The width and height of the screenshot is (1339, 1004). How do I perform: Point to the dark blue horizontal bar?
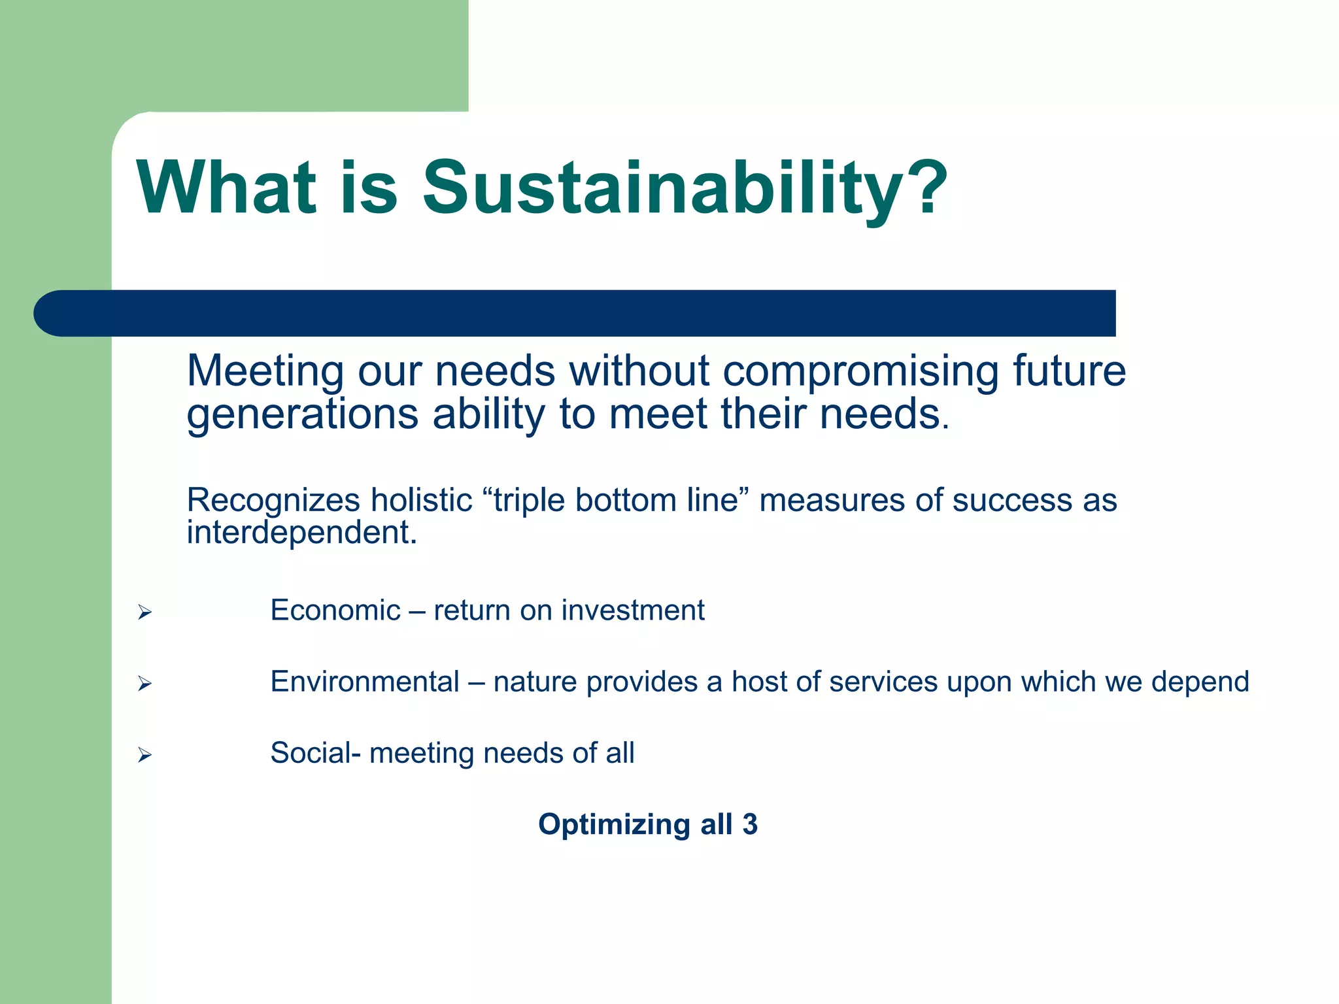(x=575, y=313)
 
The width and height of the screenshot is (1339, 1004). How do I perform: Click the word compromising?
(x=860, y=371)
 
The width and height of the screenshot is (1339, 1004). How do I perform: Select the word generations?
(x=302, y=414)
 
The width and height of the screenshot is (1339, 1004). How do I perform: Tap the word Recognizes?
(x=273, y=500)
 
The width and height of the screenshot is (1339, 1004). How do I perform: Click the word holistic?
(x=421, y=500)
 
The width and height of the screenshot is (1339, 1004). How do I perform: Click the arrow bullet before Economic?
(x=144, y=612)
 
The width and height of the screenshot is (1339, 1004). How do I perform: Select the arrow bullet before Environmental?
(x=144, y=684)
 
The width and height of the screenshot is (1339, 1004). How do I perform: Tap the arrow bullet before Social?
(x=144, y=755)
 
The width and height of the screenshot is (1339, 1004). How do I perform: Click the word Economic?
(x=335, y=611)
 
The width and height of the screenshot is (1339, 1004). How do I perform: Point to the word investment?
(x=633, y=611)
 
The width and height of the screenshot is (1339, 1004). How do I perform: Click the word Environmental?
(x=365, y=682)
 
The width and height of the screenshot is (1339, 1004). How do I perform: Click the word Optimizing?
(x=614, y=825)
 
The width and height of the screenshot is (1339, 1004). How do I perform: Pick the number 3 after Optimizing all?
(x=750, y=824)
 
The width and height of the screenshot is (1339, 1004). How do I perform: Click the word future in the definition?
(x=1069, y=371)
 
